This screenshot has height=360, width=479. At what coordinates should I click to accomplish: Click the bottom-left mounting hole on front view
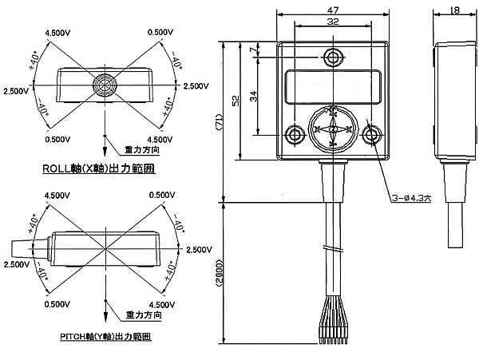tap(293, 134)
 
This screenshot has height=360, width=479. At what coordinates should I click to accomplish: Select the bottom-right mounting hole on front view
tap(370, 134)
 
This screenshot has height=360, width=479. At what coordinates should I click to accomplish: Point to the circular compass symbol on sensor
tap(332, 128)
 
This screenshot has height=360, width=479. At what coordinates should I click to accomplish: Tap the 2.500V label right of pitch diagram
tap(200, 250)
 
